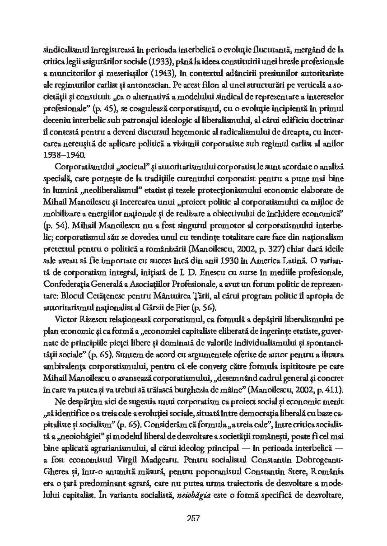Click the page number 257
pyautogui.click(x=193, y=518)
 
